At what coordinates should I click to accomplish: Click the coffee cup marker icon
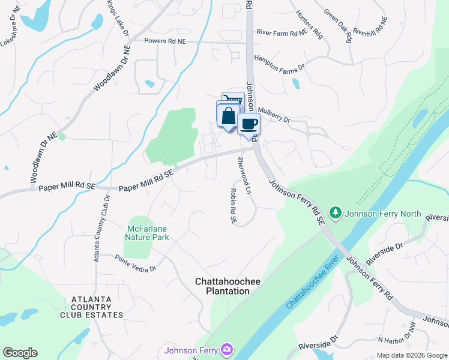[x=249, y=124]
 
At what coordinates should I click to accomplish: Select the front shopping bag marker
[x=229, y=116]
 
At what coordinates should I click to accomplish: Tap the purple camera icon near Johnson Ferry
[x=226, y=349]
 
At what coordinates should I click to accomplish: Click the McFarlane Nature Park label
[x=148, y=233]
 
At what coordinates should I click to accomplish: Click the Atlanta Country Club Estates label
[x=97, y=307]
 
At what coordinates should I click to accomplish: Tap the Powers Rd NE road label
[x=166, y=41]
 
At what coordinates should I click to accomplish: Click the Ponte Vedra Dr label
[x=136, y=264]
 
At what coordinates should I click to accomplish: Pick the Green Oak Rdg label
[x=337, y=26]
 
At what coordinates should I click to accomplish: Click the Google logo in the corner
[x=20, y=353]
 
